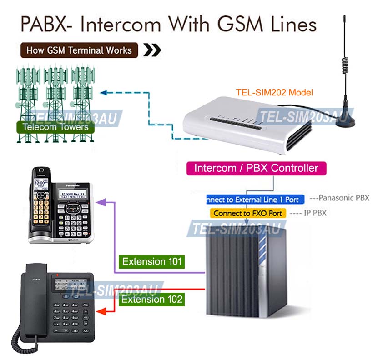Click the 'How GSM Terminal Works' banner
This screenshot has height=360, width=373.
(79, 50)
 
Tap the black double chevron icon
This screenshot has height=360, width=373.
(152, 50)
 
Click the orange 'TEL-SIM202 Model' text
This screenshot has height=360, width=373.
(274, 92)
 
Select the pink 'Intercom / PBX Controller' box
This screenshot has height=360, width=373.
(256, 168)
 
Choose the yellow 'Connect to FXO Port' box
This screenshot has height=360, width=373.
(248, 213)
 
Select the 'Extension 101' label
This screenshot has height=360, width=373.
(152, 261)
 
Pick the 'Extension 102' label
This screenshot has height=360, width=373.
(152, 299)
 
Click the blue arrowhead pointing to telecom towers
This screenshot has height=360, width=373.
(103, 93)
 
